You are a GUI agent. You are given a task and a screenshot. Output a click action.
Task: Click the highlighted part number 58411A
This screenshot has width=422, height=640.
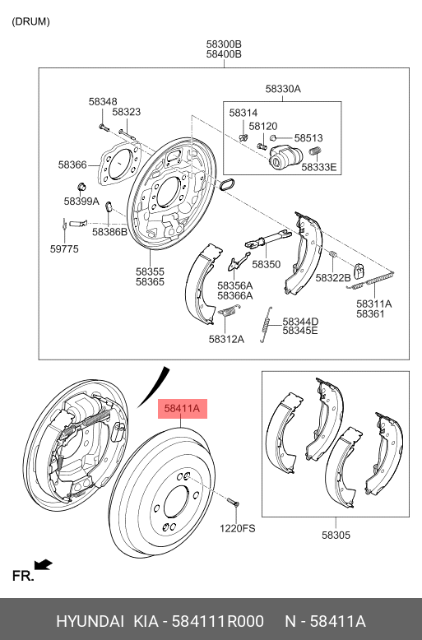182,408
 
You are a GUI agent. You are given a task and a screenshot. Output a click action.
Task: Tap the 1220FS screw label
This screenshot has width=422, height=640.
237,528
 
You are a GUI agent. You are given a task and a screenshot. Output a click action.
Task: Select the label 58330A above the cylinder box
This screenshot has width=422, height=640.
283,89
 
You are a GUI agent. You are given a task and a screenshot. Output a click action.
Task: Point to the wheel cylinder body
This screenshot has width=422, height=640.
285,157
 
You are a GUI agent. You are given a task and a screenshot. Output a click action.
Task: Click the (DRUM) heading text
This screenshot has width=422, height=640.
31,21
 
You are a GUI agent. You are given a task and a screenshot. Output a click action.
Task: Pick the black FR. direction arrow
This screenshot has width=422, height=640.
44,565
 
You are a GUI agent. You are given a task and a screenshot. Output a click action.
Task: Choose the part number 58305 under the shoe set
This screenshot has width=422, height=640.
336,535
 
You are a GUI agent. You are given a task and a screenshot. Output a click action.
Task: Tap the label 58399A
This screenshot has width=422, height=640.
81,202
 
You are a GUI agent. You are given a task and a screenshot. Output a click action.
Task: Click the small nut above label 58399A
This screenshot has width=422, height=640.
81,187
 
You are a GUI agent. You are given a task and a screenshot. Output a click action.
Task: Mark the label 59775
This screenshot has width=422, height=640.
64,249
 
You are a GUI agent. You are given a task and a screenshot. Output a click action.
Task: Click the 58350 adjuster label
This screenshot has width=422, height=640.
266,264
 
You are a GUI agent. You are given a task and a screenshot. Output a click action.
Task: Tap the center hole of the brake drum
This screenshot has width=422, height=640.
176,503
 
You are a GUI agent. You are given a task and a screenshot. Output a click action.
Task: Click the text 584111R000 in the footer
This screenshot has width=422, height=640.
217,621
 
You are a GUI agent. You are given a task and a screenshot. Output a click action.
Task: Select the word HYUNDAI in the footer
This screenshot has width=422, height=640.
90,621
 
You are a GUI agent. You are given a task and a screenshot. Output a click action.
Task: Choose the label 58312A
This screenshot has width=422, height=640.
226,339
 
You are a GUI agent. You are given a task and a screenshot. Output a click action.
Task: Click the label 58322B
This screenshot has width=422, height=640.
333,278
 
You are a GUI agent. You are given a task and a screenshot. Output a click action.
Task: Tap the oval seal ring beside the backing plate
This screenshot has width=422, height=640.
227,184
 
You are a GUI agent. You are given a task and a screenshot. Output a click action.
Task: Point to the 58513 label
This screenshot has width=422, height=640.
308,138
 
